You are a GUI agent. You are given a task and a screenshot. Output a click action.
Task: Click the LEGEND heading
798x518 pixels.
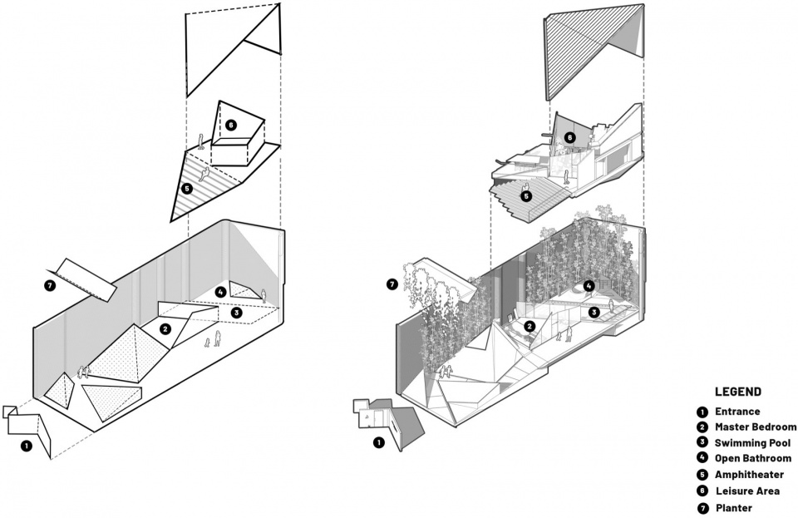pos(738,392)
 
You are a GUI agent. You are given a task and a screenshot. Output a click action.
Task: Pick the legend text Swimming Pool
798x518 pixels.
pos(752,443)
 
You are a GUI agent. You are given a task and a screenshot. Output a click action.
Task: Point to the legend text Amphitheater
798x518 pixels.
pos(746,475)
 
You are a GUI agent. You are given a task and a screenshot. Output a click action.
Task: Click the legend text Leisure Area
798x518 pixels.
pos(746,491)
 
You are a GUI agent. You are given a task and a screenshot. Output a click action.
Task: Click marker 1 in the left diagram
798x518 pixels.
pos(27,446)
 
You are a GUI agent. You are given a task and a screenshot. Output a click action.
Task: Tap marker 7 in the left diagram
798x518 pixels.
pos(49,286)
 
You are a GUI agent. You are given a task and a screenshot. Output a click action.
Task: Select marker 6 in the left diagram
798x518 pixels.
pos(230,126)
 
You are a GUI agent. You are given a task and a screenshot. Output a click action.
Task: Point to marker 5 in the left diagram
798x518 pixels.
pos(187,189)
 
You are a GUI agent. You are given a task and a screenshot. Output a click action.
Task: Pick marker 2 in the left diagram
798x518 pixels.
pos(166,329)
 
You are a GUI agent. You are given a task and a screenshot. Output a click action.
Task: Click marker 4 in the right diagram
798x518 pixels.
pos(589,286)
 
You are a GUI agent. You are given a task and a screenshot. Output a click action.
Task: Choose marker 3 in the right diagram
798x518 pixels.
pos(594,313)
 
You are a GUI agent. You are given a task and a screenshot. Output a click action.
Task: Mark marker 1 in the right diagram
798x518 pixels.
pos(379,443)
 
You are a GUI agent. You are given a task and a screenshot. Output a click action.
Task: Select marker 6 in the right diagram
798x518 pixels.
pos(569,137)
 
